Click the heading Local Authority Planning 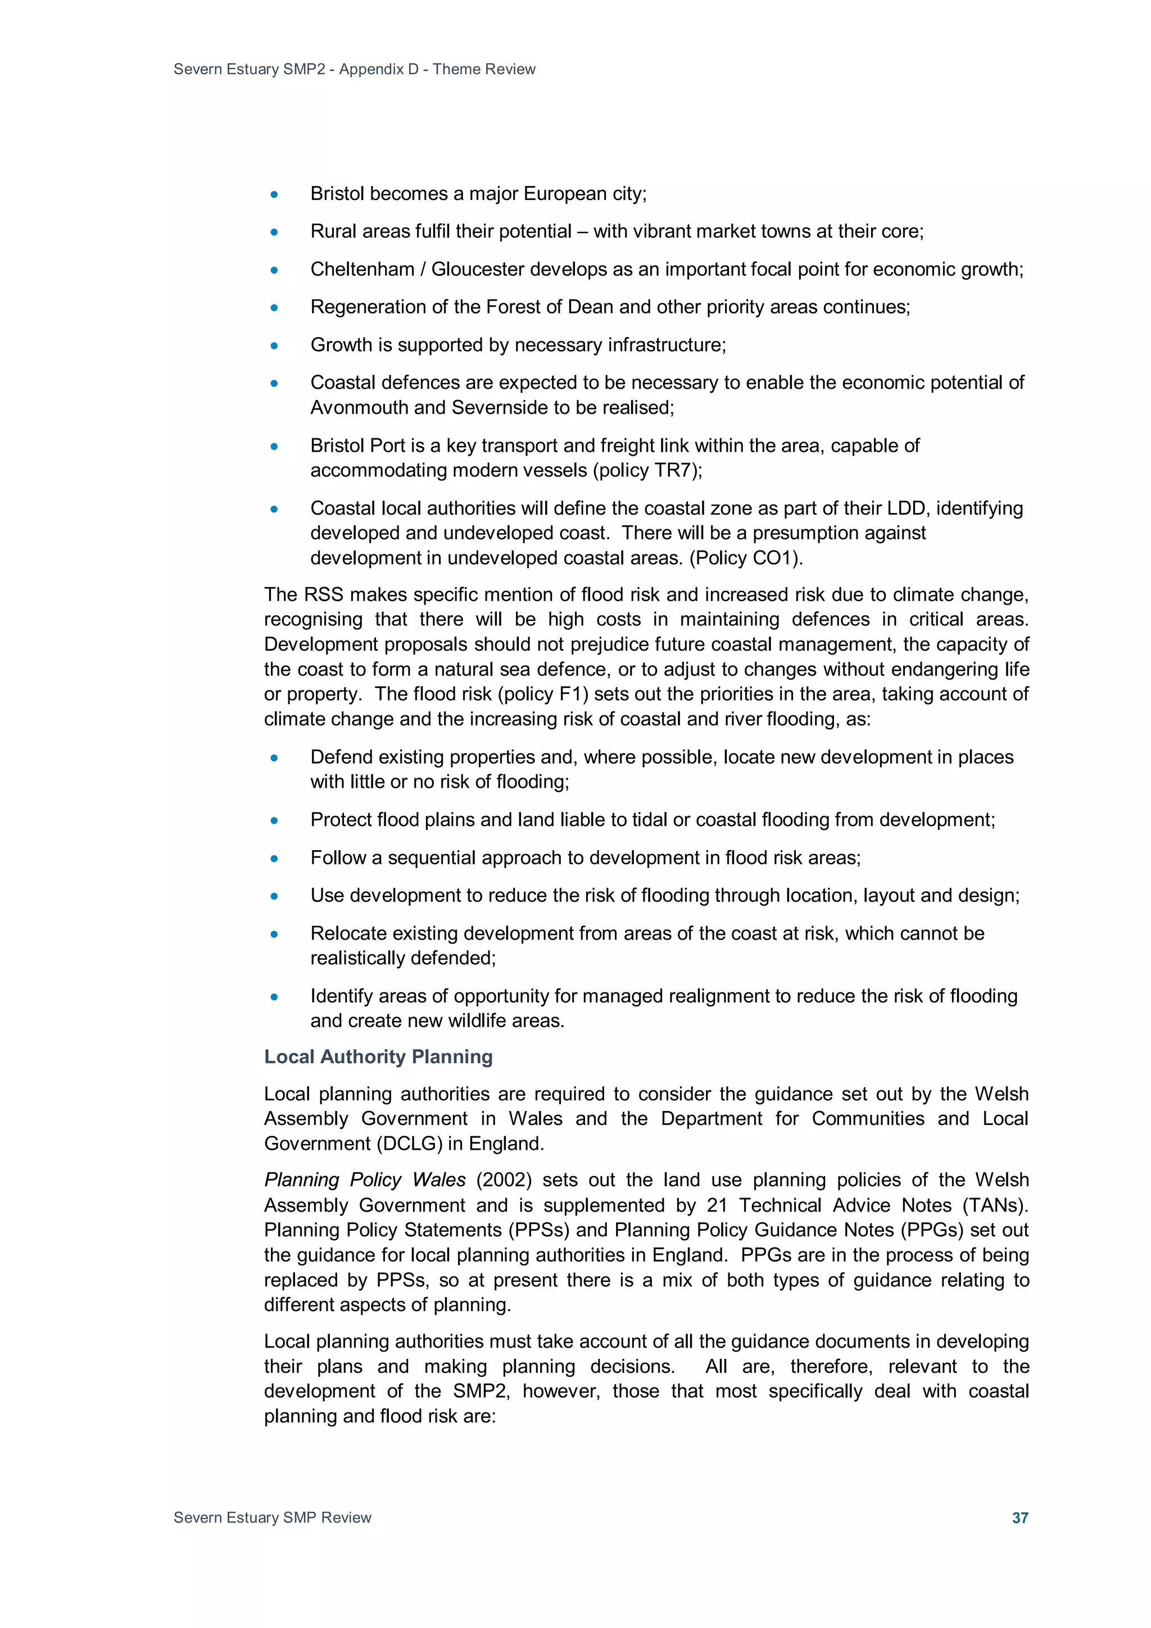[378, 1056]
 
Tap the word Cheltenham [362, 269]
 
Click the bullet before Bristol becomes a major [274, 194]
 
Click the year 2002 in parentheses [504, 1180]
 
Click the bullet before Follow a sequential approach [274, 859]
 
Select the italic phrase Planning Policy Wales [365, 1180]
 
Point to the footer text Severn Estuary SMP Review [273, 1517]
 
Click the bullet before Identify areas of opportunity [274, 997]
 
